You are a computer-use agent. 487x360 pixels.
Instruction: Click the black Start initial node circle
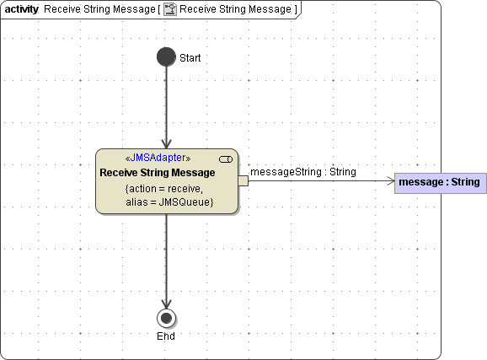click(166, 56)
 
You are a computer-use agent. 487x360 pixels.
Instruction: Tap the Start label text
click(190, 58)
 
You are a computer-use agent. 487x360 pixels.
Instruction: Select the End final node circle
click(167, 319)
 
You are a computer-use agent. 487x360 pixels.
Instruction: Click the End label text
click(166, 336)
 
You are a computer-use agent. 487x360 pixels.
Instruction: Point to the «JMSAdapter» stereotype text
click(158, 158)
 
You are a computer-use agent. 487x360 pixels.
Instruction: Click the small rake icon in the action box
click(226, 159)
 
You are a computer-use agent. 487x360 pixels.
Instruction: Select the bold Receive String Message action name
click(158, 173)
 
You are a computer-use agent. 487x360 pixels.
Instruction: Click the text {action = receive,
click(164, 189)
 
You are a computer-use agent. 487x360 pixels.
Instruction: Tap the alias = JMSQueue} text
click(169, 202)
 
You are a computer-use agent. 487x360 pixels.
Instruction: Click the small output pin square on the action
click(243, 181)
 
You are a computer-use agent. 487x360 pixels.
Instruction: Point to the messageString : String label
click(303, 172)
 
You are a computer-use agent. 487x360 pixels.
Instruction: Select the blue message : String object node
click(441, 184)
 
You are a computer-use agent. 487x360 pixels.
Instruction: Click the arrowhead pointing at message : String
click(391, 181)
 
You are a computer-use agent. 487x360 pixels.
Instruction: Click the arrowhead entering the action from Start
click(167, 144)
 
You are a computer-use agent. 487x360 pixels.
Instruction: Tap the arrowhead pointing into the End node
click(167, 304)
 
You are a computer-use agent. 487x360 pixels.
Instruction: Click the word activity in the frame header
click(21, 9)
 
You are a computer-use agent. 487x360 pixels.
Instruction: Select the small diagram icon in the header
click(170, 9)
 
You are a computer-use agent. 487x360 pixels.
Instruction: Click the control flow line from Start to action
click(167, 108)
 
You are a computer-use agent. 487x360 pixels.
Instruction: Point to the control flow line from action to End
click(167, 261)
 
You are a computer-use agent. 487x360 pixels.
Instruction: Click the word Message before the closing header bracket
click(270, 9)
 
